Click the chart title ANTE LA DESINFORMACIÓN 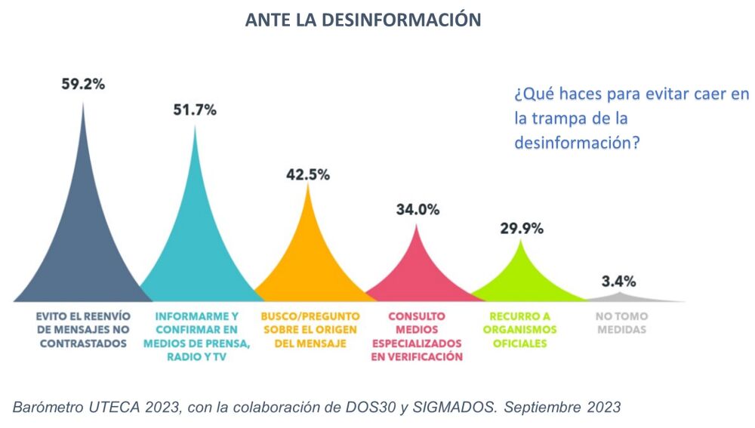(x=362, y=20)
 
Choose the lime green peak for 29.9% (x=522, y=283)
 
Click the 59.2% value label (x=83, y=84)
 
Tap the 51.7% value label (x=195, y=109)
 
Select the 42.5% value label (x=308, y=174)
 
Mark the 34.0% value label (x=418, y=210)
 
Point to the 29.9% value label (x=522, y=229)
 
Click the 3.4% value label (x=618, y=281)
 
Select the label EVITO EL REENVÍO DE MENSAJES (x=83, y=330)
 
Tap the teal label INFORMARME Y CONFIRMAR (x=196, y=337)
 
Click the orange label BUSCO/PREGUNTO (x=310, y=330)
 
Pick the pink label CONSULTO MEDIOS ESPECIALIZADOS (x=417, y=337)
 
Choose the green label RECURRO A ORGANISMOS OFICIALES (x=522, y=330)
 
